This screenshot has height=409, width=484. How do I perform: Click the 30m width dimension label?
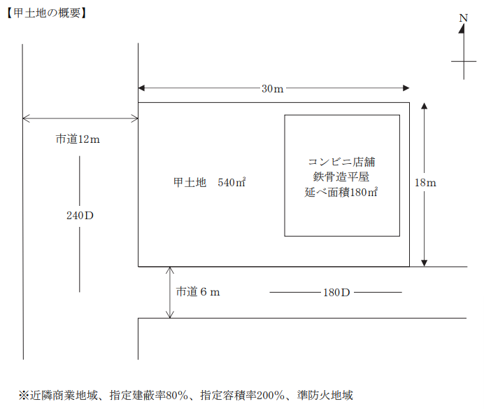click(272, 89)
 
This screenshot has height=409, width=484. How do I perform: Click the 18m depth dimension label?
click(425, 183)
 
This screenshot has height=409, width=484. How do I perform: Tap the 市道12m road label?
click(78, 139)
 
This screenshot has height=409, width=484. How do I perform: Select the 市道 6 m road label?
click(198, 291)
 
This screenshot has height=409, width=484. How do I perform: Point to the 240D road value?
click(80, 216)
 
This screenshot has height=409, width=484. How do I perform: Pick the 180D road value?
click(336, 293)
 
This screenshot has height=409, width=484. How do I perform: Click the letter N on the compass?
click(463, 18)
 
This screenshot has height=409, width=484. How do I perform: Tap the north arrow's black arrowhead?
click(462, 29)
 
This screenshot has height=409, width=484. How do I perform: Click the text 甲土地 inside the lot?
click(190, 182)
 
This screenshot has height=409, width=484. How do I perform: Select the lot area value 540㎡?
click(232, 182)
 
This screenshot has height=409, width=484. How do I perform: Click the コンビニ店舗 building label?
click(341, 162)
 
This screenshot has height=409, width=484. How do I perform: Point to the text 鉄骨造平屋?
click(341, 176)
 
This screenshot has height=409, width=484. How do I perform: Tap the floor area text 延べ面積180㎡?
click(341, 193)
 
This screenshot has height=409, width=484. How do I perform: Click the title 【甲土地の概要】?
click(47, 13)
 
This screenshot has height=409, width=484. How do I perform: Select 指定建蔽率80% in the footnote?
click(149, 396)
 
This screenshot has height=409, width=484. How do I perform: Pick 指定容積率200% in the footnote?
click(242, 396)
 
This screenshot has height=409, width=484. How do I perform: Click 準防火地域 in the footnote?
click(325, 396)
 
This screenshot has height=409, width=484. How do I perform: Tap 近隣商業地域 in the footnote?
click(64, 396)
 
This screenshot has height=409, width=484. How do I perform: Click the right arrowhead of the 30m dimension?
click(406, 88)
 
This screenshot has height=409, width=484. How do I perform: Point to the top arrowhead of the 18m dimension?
click(425, 106)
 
